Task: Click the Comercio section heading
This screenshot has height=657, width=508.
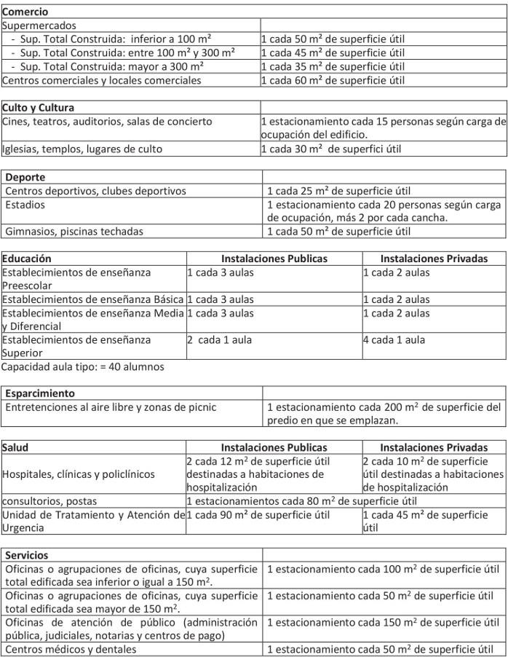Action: point(25,12)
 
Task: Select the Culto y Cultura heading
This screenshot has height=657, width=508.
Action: point(38,108)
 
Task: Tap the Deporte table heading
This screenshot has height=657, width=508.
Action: point(25,177)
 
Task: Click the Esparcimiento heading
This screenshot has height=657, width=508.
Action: point(40,393)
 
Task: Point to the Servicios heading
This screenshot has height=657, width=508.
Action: point(27,555)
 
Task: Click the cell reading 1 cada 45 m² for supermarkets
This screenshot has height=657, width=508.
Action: point(332,52)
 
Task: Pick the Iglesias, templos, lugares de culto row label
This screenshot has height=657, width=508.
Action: point(82,149)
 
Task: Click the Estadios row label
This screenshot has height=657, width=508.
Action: point(25,205)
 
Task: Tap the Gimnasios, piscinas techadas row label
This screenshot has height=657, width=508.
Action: point(74,232)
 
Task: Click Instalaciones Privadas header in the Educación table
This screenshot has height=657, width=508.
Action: point(434,259)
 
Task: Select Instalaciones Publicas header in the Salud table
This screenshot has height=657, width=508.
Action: point(274,447)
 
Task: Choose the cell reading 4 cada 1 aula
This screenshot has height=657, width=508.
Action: point(394,339)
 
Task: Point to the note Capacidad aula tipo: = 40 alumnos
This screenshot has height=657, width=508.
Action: point(83,366)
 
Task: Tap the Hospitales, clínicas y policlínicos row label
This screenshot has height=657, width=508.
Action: point(79,474)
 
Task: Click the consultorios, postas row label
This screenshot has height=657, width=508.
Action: point(49,501)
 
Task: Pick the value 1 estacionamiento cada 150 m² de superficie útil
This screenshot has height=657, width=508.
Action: point(383,622)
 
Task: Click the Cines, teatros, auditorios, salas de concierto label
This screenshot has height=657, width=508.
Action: point(108,121)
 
